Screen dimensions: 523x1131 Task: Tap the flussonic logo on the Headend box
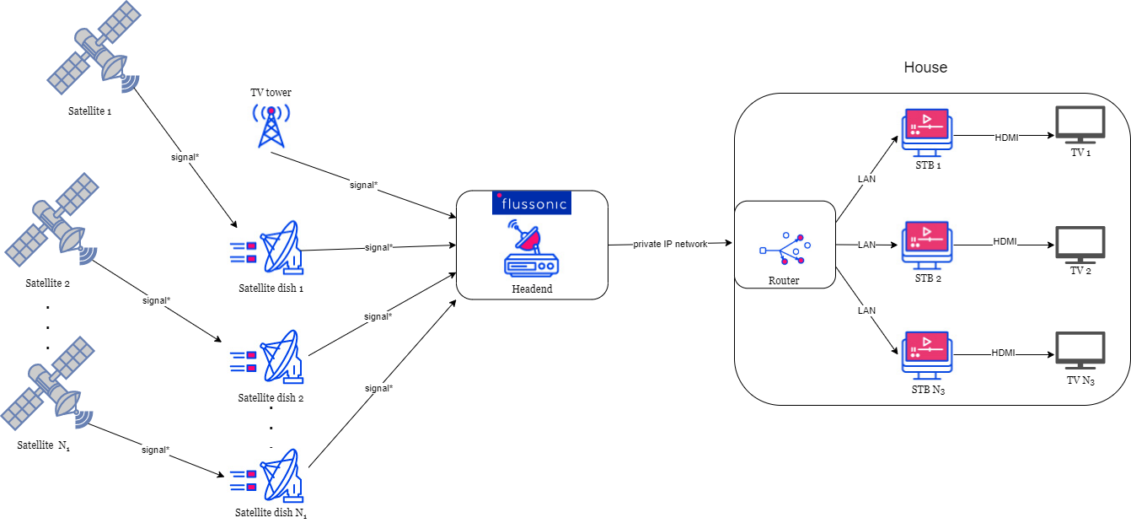[x=531, y=202]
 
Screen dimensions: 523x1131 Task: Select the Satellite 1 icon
[x=94, y=49]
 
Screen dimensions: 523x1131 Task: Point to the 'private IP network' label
[x=671, y=244]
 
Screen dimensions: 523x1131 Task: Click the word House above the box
[x=925, y=67]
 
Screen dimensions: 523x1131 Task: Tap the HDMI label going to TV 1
[x=1006, y=137]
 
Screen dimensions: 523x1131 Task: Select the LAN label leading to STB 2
[x=867, y=245]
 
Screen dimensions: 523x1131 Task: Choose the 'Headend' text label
[x=532, y=288]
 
